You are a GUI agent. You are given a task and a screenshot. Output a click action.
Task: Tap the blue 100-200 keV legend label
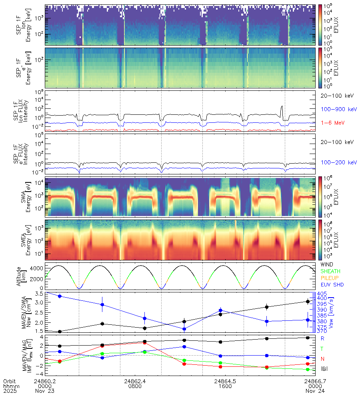pyautogui.click(x=338, y=163)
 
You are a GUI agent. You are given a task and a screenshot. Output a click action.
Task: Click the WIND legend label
pyautogui.click(x=328, y=265)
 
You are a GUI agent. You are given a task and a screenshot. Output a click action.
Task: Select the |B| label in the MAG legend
pyautogui.click(x=324, y=368)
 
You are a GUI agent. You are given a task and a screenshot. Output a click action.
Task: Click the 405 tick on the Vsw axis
pyautogui.click(x=323, y=293)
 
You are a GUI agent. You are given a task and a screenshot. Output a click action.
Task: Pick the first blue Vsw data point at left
pyautogui.click(x=60, y=296)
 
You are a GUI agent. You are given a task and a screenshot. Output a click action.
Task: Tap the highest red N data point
pyautogui.click(x=144, y=342)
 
